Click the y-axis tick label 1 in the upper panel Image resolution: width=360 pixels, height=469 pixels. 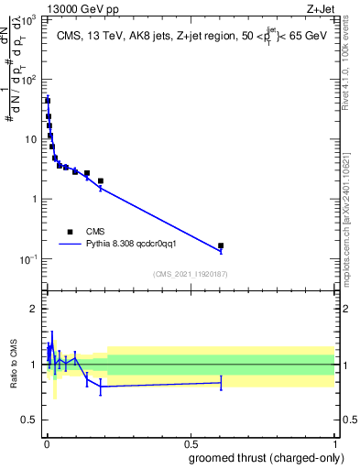point(37,199)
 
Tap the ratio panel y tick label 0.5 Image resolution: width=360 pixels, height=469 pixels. point(33,420)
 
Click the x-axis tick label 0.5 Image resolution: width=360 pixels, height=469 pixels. point(190,442)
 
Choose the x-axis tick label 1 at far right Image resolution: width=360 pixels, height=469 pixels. point(333,442)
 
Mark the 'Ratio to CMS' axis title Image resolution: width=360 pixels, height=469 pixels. point(14,364)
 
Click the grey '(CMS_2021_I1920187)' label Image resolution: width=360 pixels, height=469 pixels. point(190,274)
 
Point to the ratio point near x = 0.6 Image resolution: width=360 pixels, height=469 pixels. point(221,382)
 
